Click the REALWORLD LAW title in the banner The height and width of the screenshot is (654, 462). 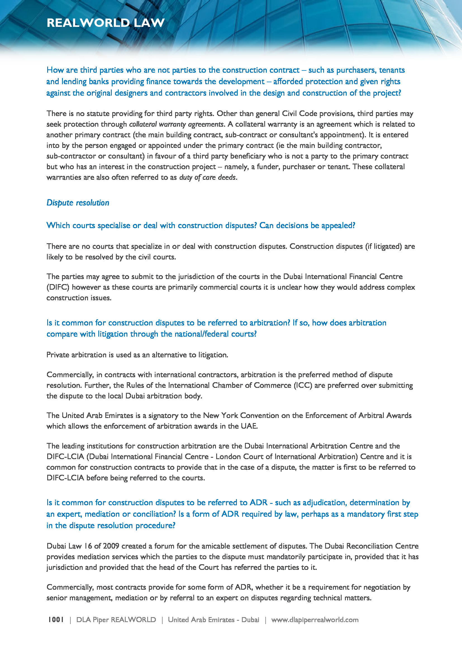pos(106,23)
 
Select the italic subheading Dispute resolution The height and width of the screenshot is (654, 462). pos(78,203)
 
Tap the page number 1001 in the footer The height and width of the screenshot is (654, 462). pos(56,620)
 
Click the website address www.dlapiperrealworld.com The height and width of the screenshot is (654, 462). pos(315,620)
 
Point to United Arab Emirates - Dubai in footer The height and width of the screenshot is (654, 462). pos(213,620)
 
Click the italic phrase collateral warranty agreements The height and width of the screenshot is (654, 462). pos(176,124)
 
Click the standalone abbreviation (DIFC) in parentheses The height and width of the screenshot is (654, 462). pos(58,287)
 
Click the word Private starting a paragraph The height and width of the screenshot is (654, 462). pos(58,355)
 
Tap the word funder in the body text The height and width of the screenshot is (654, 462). pos(268,167)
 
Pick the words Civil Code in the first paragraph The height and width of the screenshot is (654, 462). pos(299,114)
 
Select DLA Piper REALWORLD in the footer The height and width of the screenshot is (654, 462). pos(116,620)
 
